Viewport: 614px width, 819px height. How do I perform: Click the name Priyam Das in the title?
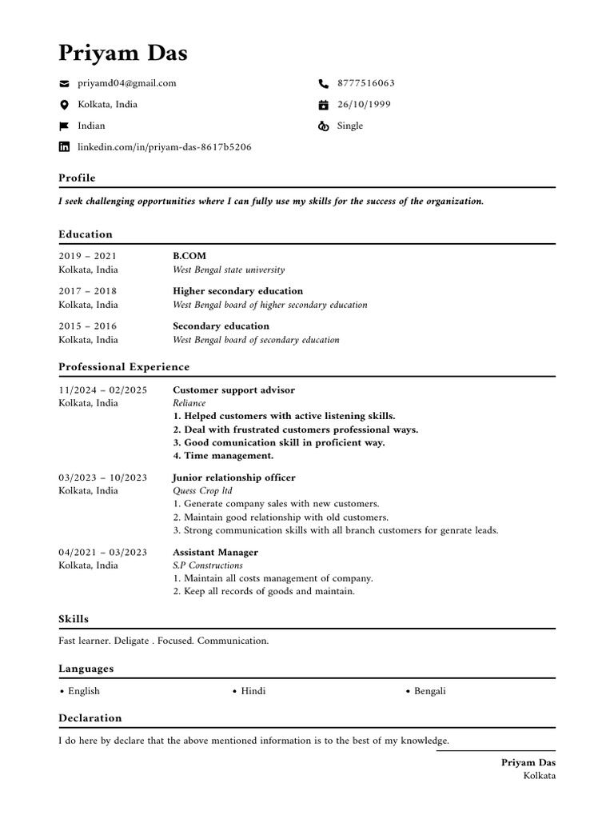pos(123,54)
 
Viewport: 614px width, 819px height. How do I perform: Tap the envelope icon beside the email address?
pos(65,83)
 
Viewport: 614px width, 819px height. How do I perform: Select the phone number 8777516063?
pos(365,83)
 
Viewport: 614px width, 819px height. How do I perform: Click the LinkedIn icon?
pos(65,147)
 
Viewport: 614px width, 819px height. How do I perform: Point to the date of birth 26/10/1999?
pos(364,105)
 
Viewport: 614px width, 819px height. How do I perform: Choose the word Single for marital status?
pos(350,126)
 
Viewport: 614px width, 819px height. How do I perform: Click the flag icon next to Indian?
pos(65,126)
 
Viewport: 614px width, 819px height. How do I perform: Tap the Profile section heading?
pos(77,178)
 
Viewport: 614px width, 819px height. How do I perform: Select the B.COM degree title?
pos(189,256)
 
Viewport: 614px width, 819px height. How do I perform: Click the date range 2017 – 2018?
pos(87,291)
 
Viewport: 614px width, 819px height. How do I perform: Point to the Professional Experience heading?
pos(124,367)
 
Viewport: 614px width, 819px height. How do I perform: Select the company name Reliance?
pos(189,403)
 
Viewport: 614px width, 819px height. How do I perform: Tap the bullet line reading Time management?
pos(223,456)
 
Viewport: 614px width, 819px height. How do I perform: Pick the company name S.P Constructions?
pos(208,565)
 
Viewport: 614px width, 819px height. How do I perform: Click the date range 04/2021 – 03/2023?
pos(102,553)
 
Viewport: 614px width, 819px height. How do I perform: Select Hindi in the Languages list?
pos(253,691)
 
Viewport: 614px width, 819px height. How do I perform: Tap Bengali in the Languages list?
pos(430,691)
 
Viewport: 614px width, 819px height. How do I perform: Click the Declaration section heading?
pos(90,718)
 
